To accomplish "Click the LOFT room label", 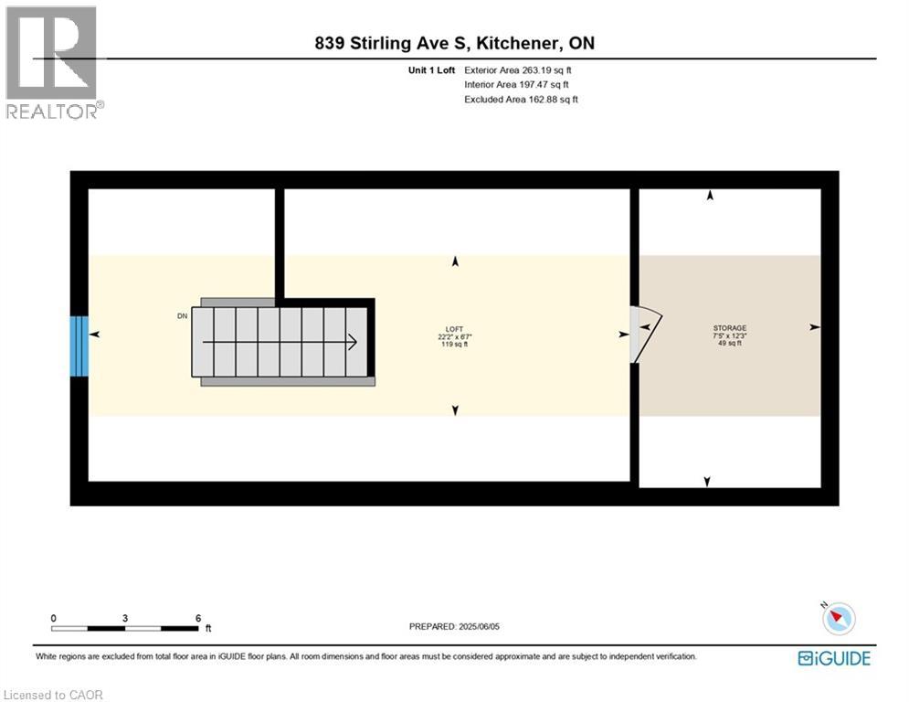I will tap(454, 328).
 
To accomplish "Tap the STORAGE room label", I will tap(729, 328).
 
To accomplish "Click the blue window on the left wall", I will tap(79, 346).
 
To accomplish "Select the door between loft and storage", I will tap(645, 333).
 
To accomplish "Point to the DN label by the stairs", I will tap(183, 316).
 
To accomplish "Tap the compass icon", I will tap(838, 619).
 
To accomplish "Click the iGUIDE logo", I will tap(834, 658).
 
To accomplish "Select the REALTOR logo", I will tap(53, 62).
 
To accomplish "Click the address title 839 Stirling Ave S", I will tap(453, 43).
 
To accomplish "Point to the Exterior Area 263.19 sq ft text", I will tap(518, 70).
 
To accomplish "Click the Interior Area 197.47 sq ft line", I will tap(516, 85).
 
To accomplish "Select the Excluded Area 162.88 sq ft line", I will tap(521, 100).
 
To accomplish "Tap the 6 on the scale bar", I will tap(198, 618).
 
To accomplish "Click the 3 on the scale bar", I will tap(125, 618).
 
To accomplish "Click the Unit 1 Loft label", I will tap(432, 70).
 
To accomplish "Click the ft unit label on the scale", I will tap(208, 629).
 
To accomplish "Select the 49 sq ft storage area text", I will tap(729, 344).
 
